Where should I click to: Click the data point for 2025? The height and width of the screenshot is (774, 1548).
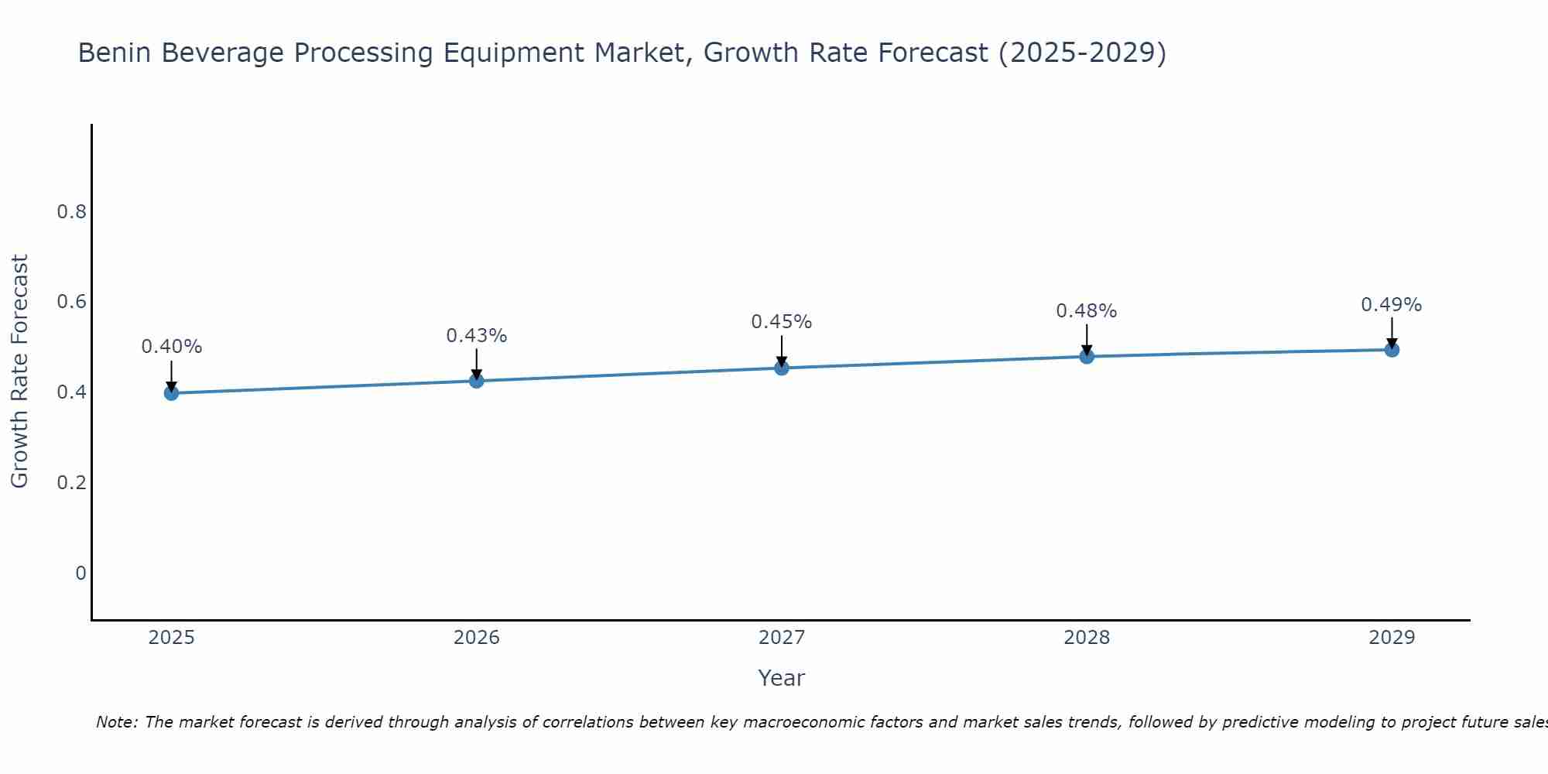[171, 393]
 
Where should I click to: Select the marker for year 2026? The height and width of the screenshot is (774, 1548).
[476, 381]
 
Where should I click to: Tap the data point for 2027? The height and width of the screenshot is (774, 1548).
[782, 368]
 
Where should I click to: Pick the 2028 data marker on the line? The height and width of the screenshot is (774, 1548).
[1087, 356]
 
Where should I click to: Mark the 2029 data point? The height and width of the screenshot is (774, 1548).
[1392, 350]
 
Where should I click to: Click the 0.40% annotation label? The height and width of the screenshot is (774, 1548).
[171, 347]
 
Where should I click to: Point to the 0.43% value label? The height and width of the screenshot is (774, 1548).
[476, 336]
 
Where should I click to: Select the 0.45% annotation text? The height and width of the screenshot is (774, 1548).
[782, 322]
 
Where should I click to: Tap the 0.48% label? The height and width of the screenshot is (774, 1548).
[1087, 311]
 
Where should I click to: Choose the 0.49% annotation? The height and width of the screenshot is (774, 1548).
[1392, 305]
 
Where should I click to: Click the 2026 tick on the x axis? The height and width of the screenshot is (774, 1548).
[476, 638]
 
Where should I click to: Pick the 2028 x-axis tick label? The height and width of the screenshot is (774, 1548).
[1087, 638]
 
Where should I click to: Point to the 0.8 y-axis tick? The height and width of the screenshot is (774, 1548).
[71, 211]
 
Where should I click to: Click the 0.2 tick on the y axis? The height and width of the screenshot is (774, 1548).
[71, 483]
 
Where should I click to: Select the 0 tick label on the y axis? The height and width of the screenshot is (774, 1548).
[80, 574]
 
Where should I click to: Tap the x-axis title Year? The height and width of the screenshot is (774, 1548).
[782, 678]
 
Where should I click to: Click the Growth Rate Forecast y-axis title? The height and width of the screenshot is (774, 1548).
[20, 372]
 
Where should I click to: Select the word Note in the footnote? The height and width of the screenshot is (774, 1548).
[116, 722]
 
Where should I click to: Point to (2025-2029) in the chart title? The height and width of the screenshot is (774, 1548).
[1082, 53]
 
